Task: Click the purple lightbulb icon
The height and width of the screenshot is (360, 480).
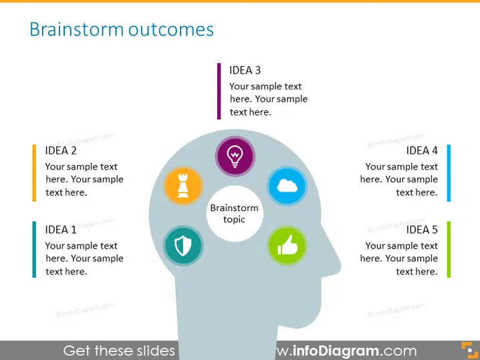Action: click(x=235, y=156)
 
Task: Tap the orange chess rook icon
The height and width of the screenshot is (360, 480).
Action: click(x=183, y=186)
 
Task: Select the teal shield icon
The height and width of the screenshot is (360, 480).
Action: click(x=183, y=245)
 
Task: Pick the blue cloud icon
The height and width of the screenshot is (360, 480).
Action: click(x=287, y=186)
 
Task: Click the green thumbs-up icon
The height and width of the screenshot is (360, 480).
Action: click(x=287, y=245)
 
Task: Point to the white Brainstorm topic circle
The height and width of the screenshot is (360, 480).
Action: click(x=235, y=214)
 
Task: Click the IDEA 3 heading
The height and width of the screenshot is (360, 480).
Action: click(x=245, y=70)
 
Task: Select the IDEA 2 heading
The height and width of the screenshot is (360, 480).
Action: click(x=61, y=150)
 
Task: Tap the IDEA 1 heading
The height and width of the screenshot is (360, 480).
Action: click(x=61, y=230)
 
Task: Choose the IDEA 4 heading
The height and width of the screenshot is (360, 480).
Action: click(x=422, y=150)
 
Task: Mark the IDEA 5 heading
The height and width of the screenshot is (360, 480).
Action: click(x=422, y=230)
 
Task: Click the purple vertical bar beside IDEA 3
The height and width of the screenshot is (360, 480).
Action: click(x=219, y=91)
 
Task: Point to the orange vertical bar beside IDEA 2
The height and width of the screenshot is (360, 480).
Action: click(x=34, y=173)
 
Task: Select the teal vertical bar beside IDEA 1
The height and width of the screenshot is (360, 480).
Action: click(x=34, y=250)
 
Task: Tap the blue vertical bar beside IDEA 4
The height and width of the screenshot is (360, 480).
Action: click(x=449, y=173)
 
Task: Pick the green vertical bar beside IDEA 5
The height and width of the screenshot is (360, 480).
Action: click(x=449, y=250)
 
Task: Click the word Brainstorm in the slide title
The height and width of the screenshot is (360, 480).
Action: click(x=76, y=29)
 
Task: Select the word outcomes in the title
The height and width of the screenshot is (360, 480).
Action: click(x=171, y=30)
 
